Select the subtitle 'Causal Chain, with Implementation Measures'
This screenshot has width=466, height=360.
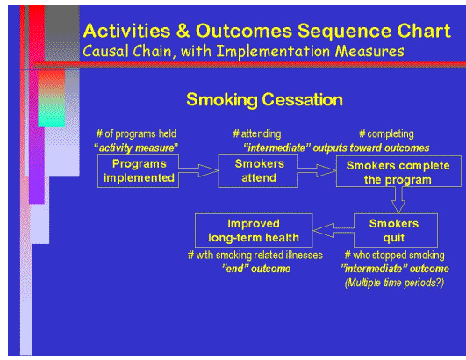[243, 51]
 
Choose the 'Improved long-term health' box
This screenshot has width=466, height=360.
[253, 230]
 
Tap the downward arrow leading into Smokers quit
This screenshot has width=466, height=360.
[397, 201]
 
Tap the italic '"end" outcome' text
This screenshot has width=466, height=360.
[252, 269]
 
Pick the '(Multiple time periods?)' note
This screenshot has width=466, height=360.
[394, 281]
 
